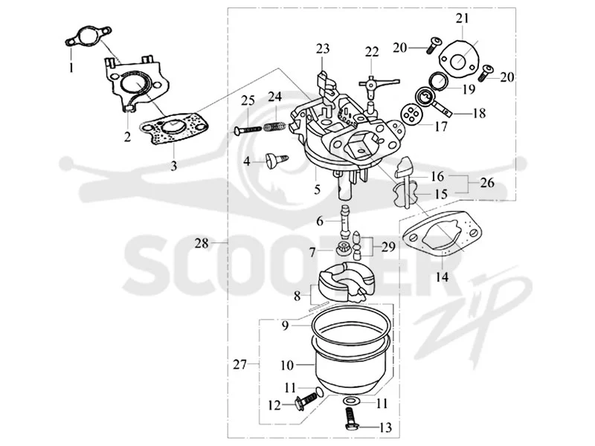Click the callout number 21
tap(462, 18)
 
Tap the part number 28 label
tap(202, 243)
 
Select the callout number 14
tap(442, 277)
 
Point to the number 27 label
tap(239, 365)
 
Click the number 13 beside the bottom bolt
tap(385, 428)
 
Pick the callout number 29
tap(388, 247)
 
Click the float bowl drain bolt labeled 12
tap(305, 401)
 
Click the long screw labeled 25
tap(248, 129)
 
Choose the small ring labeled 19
tap(439, 81)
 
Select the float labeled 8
tap(346, 282)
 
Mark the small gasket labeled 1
tap(88, 36)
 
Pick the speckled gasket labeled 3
tap(175, 128)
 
